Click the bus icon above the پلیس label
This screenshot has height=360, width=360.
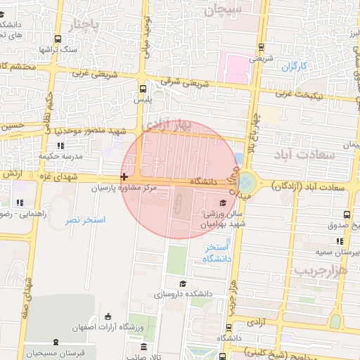[x=143, y=89]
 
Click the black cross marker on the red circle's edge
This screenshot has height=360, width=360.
[x=124, y=177]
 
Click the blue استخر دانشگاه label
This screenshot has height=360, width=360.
[x=217, y=254]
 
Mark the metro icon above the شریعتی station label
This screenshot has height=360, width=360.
[x=262, y=47]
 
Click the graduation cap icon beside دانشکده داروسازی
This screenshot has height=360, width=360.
[x=183, y=283]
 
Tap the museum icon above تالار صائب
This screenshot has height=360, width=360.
[x=144, y=347]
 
